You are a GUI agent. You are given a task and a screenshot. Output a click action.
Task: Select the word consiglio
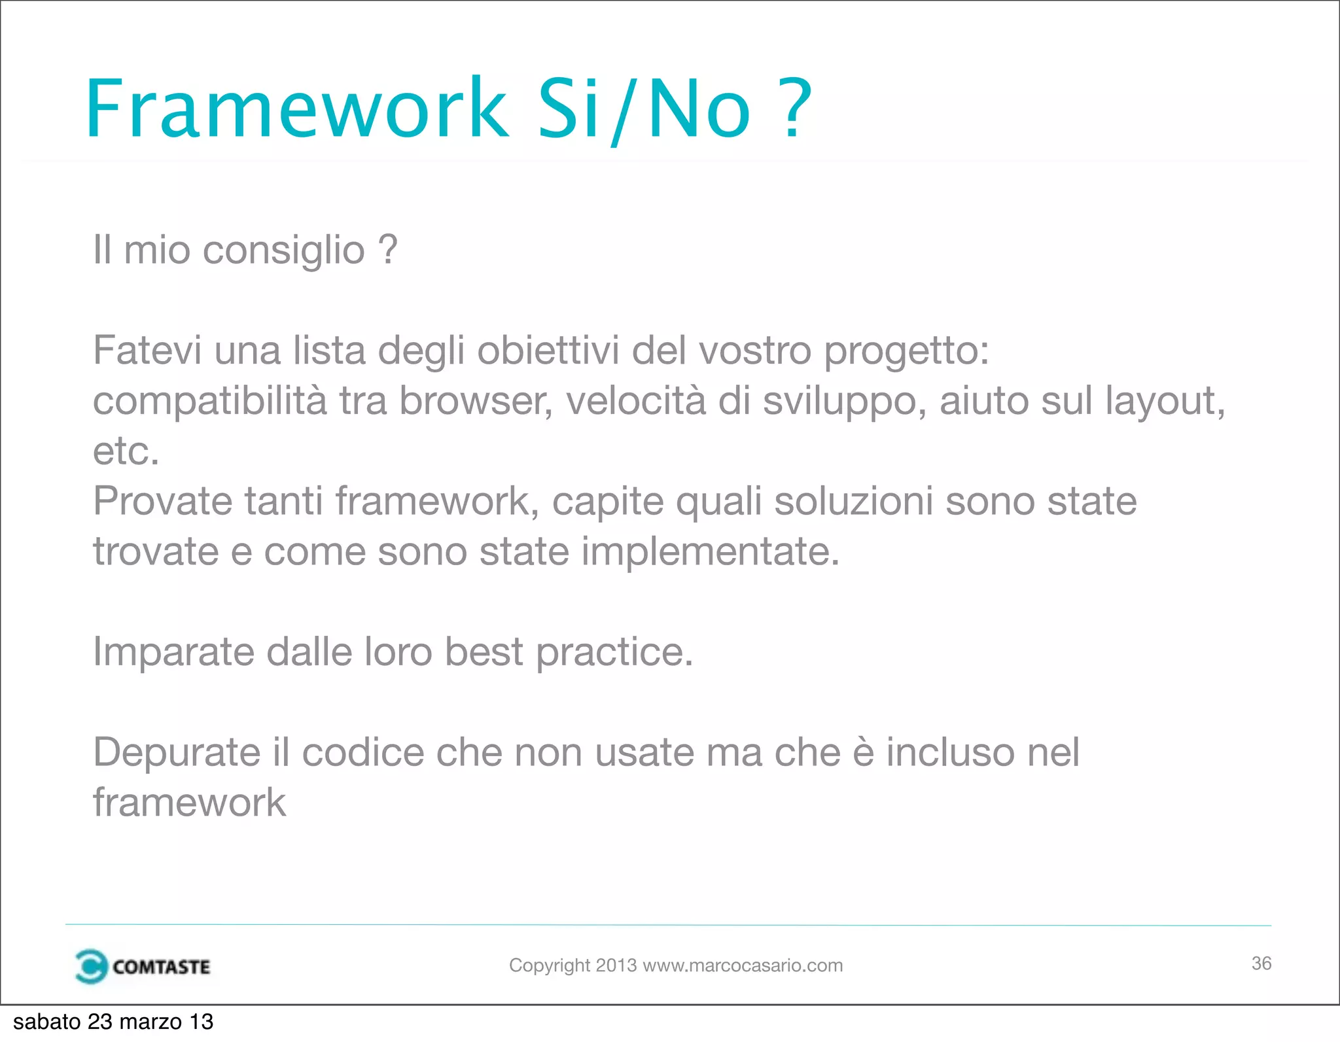coord(283,251)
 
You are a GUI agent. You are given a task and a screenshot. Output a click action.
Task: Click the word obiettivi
coord(548,351)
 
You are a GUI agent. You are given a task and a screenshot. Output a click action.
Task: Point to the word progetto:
coord(906,352)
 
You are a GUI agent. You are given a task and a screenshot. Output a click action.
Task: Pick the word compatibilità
coord(209,401)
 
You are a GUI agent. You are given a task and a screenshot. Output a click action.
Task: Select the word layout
coord(1164,401)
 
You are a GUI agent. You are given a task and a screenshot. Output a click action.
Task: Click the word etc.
coord(126,451)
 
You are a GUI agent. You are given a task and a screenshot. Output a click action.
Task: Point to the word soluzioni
coord(854,502)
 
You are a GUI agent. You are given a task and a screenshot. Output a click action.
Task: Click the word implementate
coord(710,551)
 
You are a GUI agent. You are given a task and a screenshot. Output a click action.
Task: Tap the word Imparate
coord(173,652)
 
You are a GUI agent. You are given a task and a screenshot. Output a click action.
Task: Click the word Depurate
coord(177,753)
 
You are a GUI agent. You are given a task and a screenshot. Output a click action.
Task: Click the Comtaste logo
coord(143,966)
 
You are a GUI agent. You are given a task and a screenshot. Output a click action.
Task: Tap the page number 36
coord(1261,964)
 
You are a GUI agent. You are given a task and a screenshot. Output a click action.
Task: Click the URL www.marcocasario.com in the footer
coord(743,965)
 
